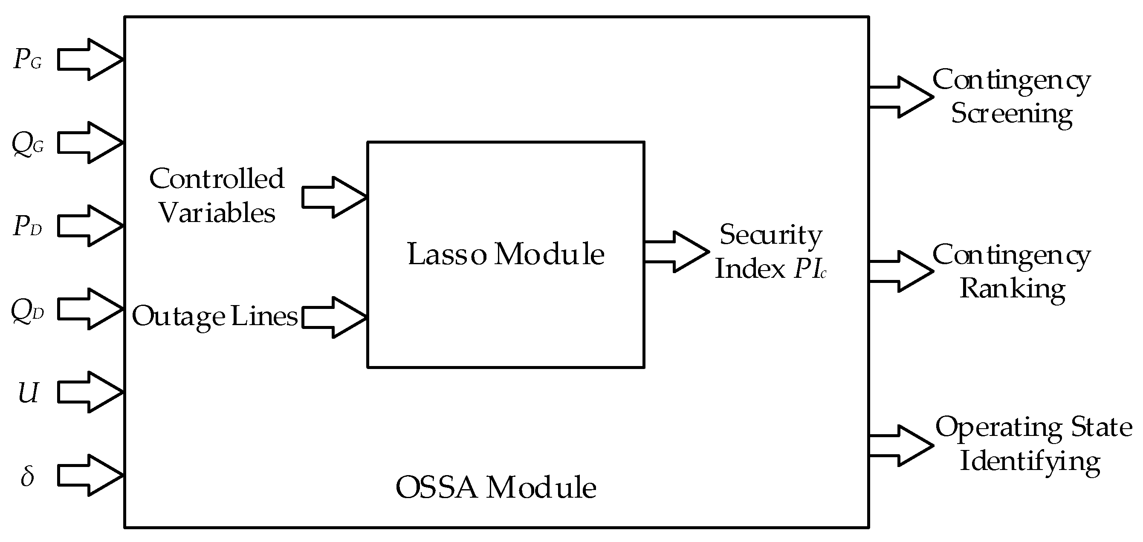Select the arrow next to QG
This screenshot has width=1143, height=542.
point(90,143)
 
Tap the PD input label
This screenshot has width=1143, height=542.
point(28,226)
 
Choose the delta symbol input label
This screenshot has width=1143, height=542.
point(28,476)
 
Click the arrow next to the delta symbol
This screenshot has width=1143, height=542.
point(90,475)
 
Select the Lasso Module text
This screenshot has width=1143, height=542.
point(506,254)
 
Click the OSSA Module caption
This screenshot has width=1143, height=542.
point(496,487)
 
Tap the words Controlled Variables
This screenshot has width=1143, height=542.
point(217,196)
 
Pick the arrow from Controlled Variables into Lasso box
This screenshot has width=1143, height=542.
point(334,197)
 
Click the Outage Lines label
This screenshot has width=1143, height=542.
point(215,317)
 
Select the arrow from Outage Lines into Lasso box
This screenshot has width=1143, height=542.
point(334,317)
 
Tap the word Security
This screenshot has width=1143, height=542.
point(771,235)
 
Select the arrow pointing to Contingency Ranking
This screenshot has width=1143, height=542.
point(901,271)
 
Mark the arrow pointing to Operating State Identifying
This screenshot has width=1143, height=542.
point(901,446)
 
